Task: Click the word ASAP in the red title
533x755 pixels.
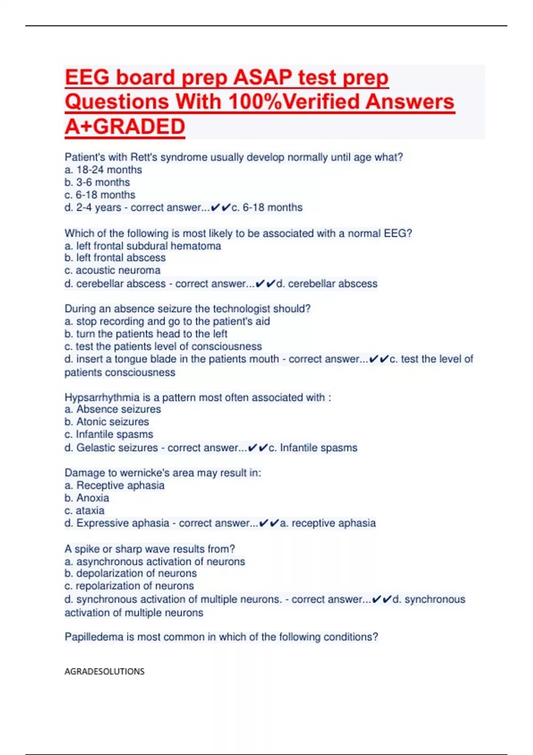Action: [263, 77]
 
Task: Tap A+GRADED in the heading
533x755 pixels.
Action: [125, 127]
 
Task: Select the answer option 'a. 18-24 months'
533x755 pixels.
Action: [103, 170]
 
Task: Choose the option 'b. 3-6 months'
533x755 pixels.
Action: [97, 182]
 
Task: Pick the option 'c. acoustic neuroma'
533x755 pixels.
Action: [112, 270]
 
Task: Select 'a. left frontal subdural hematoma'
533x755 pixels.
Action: [143, 246]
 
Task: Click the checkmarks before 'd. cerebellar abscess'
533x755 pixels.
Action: [266, 283]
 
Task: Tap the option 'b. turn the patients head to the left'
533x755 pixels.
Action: [146, 334]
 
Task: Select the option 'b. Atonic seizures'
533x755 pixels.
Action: [107, 421]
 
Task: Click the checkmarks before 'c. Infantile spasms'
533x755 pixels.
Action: [258, 448]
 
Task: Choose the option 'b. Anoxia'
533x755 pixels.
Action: [87, 498]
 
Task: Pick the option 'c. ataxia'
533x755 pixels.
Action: [84, 510]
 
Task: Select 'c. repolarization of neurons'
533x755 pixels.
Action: [129, 586]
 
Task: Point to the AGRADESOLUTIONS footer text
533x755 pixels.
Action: [104, 671]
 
